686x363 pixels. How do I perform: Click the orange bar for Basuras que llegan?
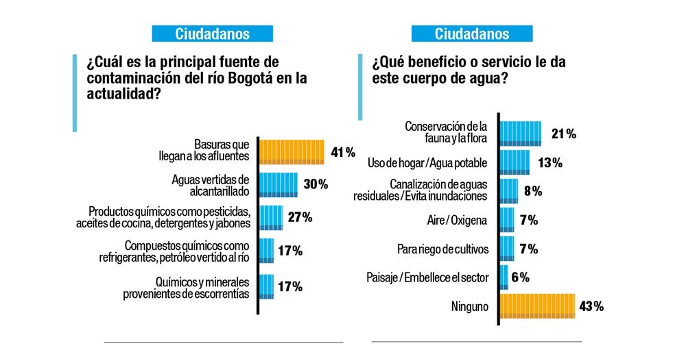[x=292, y=151]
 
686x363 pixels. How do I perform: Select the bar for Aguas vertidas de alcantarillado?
[x=279, y=185]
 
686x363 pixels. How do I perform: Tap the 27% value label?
[x=299, y=217]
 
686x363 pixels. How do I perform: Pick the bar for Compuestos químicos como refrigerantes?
[x=267, y=251]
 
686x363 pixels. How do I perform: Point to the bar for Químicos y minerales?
[x=267, y=286]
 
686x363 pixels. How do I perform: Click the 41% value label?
[x=342, y=151]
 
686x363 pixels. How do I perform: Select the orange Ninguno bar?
[x=536, y=306]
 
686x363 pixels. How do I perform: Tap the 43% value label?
[x=591, y=306]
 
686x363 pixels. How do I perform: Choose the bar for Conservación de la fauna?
[x=521, y=134]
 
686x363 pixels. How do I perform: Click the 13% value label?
[x=550, y=162]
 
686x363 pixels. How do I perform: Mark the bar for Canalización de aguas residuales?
[x=509, y=190]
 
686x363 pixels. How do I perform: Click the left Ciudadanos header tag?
[x=212, y=34]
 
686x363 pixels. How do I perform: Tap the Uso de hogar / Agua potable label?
[x=427, y=163]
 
